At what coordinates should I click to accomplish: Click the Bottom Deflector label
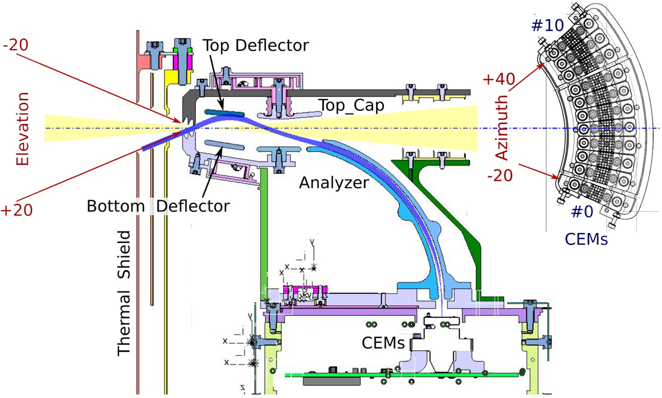pyautogui.click(x=158, y=206)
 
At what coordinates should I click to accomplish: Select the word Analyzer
pyautogui.click(x=333, y=182)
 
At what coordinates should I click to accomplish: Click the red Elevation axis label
pyautogui.click(x=23, y=128)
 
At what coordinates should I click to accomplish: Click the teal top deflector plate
pyautogui.click(x=224, y=114)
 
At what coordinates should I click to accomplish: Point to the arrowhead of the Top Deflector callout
pyautogui.click(x=222, y=109)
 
